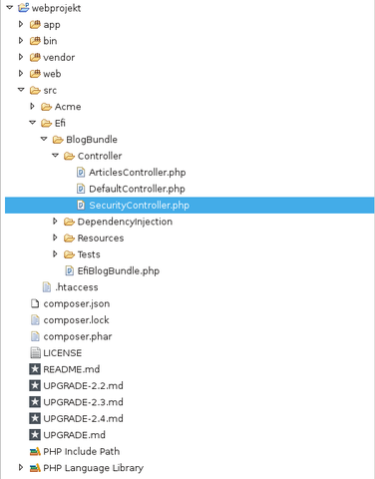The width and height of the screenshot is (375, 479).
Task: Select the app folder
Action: pyautogui.click(x=52, y=24)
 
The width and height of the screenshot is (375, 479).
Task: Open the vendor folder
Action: pyautogui.click(x=59, y=57)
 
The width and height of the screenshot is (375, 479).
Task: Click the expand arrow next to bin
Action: pyautogui.click(x=21, y=41)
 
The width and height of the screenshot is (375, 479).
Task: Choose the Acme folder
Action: pyautogui.click(x=68, y=106)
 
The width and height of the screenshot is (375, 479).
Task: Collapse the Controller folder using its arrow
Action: pyautogui.click(x=56, y=156)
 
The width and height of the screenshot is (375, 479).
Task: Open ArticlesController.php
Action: pyautogui.click(x=137, y=172)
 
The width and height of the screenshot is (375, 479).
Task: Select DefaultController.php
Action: pyautogui.click(x=137, y=189)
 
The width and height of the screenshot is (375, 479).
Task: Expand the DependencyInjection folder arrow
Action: pyautogui.click(x=56, y=222)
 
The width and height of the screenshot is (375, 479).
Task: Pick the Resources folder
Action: pyautogui.click(x=100, y=238)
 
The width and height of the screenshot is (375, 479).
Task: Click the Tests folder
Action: pyautogui.click(x=88, y=254)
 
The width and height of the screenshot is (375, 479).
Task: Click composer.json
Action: pyautogui.click(x=76, y=303)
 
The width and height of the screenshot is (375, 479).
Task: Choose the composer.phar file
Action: pyautogui.click(x=76, y=336)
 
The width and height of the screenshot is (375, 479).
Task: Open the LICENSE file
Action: pyautogui.click(x=62, y=352)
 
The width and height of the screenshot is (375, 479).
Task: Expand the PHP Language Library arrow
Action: pyautogui.click(x=21, y=467)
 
